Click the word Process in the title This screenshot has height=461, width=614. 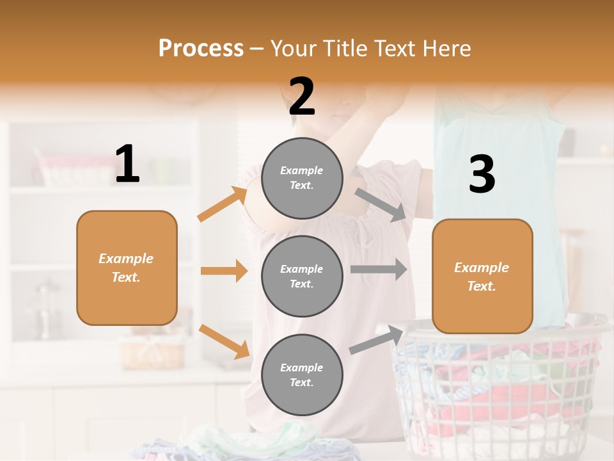(x=201, y=49)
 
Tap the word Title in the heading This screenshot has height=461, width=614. (x=345, y=49)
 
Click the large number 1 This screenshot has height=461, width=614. (x=127, y=165)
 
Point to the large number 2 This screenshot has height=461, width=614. (x=302, y=97)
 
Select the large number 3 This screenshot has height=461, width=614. (x=482, y=175)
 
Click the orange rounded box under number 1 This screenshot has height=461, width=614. (x=127, y=268)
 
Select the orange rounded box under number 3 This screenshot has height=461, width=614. (x=482, y=276)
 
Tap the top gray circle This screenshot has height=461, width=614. (x=302, y=178)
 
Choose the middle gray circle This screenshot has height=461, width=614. (x=302, y=276)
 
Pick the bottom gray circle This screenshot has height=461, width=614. (x=302, y=375)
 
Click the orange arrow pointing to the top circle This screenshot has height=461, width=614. (x=223, y=204)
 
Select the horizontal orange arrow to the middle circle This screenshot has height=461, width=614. (x=224, y=271)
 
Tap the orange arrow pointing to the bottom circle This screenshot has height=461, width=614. (x=224, y=341)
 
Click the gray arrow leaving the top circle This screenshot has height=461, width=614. (x=381, y=204)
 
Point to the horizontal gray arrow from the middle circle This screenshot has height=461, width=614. (x=379, y=269)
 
